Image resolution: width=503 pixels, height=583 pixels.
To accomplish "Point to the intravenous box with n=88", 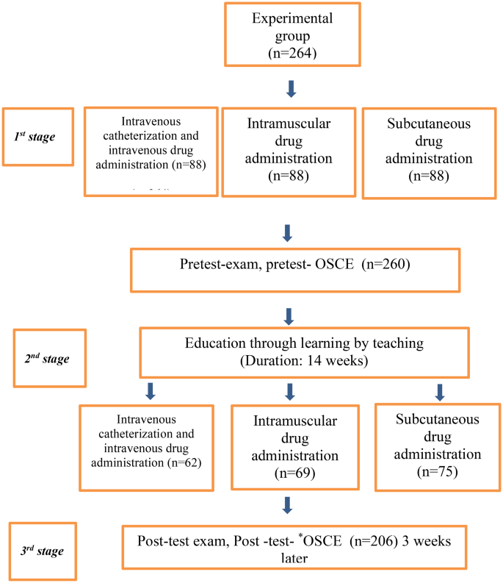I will click(151, 151).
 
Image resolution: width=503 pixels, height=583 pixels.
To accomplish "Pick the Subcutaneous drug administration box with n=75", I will click(436, 446).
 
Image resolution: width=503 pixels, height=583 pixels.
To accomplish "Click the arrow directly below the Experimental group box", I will click(291, 89).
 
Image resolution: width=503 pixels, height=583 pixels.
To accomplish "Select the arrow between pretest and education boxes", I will click(289, 315).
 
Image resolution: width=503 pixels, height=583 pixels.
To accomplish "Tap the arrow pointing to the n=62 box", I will click(151, 390).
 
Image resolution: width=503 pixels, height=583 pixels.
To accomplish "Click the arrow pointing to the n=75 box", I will click(439, 391).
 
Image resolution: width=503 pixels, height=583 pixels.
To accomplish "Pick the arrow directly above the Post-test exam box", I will click(288, 507).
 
